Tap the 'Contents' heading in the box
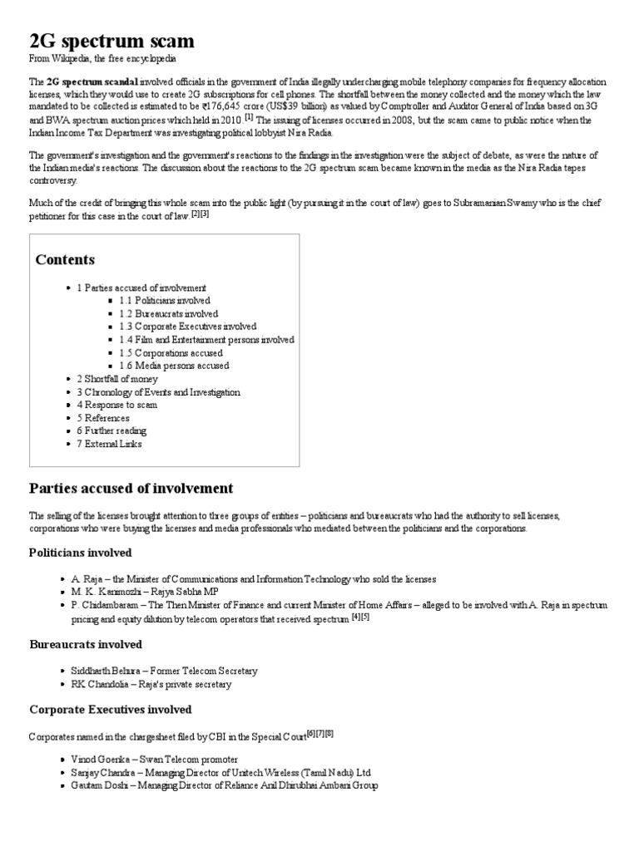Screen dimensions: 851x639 coord(65,259)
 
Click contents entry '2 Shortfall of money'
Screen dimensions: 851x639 coord(116,379)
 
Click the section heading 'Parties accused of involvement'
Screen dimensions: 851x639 coord(131,488)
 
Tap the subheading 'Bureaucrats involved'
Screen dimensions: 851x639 coord(86,644)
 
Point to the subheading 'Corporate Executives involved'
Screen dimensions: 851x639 coord(110,709)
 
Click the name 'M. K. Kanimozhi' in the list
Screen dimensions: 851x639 coord(106,592)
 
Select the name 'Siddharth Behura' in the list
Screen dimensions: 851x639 coord(108,671)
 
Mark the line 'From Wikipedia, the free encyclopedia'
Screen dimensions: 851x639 coord(102,59)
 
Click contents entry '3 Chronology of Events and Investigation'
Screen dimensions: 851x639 coord(158,392)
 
